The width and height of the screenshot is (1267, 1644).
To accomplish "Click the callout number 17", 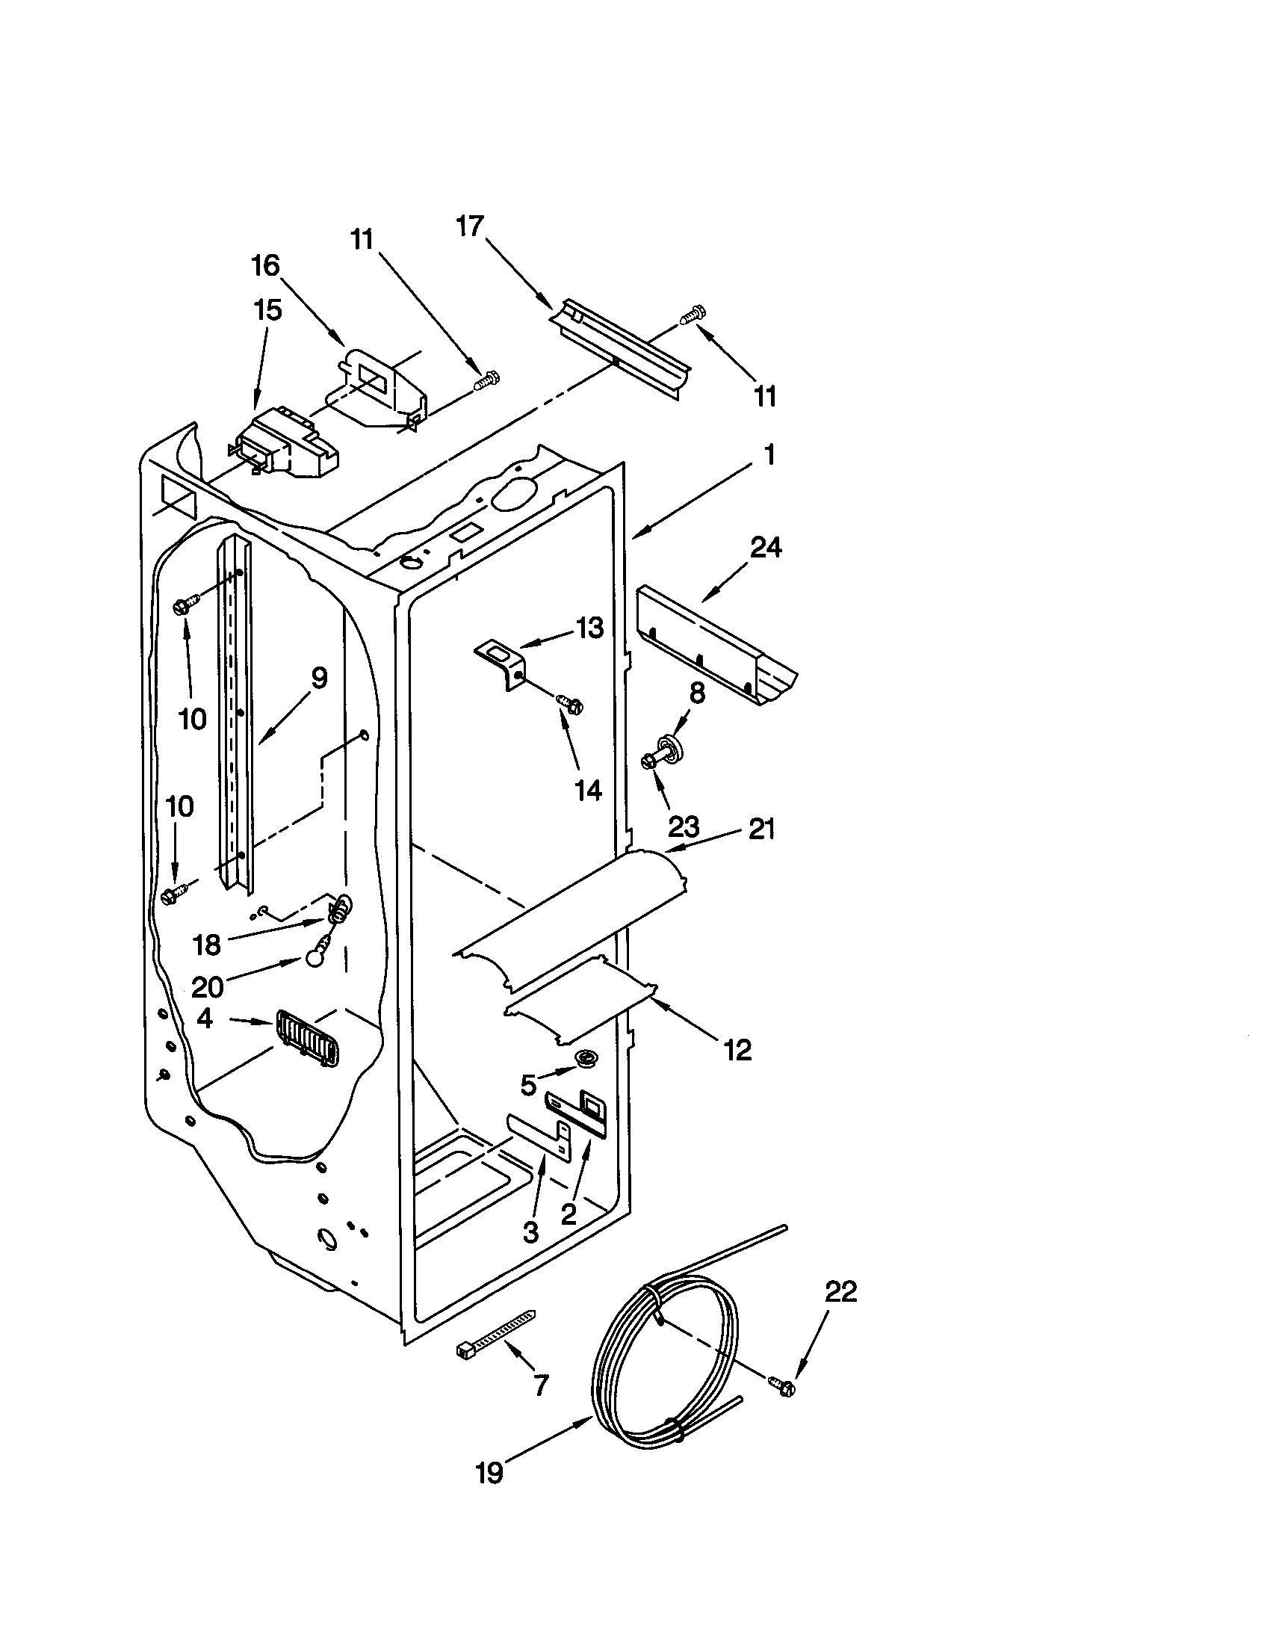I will tap(469, 226).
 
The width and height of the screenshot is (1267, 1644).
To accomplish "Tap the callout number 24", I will tap(765, 547).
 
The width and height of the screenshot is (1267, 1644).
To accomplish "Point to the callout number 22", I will tap(840, 1292).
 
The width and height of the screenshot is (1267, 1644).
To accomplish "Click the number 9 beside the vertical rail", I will tap(319, 679).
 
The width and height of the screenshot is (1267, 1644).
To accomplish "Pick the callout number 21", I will tap(760, 829).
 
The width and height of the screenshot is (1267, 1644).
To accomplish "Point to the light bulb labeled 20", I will tap(314, 956).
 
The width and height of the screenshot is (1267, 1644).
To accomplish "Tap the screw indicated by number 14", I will tap(569, 704).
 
